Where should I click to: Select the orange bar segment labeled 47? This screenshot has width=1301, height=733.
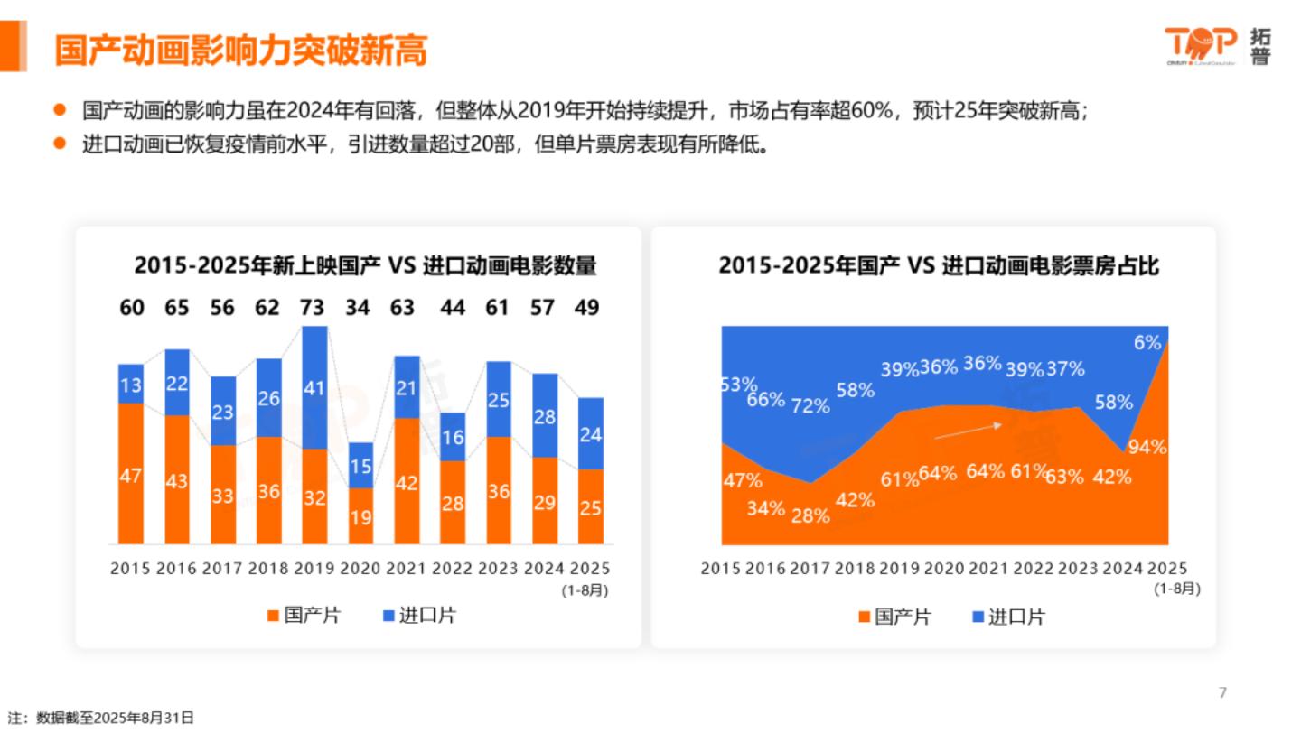[x=131, y=474]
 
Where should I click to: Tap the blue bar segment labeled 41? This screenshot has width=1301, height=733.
[x=314, y=388]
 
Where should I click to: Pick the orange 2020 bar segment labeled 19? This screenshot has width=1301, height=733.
[x=360, y=516]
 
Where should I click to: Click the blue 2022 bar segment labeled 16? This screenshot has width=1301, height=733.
[x=453, y=437]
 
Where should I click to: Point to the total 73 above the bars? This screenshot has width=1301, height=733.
[x=312, y=308]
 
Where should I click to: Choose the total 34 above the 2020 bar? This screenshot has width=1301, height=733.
[x=358, y=308]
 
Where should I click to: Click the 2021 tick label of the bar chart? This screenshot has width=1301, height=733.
[x=406, y=569]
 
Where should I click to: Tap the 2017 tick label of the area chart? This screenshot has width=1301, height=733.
[x=810, y=569]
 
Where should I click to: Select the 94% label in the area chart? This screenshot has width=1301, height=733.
[x=1147, y=447]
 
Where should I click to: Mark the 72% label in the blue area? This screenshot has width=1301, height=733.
[x=810, y=405]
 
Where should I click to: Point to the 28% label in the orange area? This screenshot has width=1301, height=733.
[x=810, y=515]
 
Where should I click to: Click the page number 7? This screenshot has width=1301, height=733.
[x=1222, y=692]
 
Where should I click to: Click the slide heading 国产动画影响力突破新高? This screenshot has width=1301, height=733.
[x=240, y=51]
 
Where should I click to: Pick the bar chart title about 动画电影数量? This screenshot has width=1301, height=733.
[x=365, y=266]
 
